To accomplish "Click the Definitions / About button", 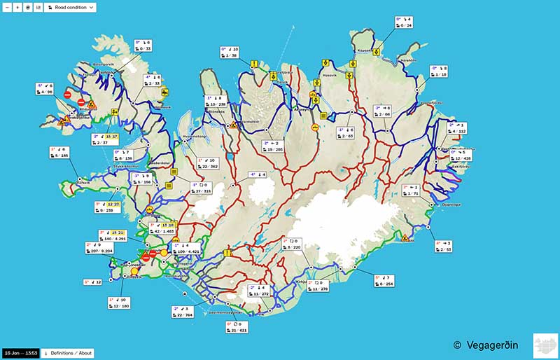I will [x=67, y=352].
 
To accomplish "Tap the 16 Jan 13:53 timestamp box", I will [x=20, y=352].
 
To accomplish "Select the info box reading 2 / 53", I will [x=444, y=246].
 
